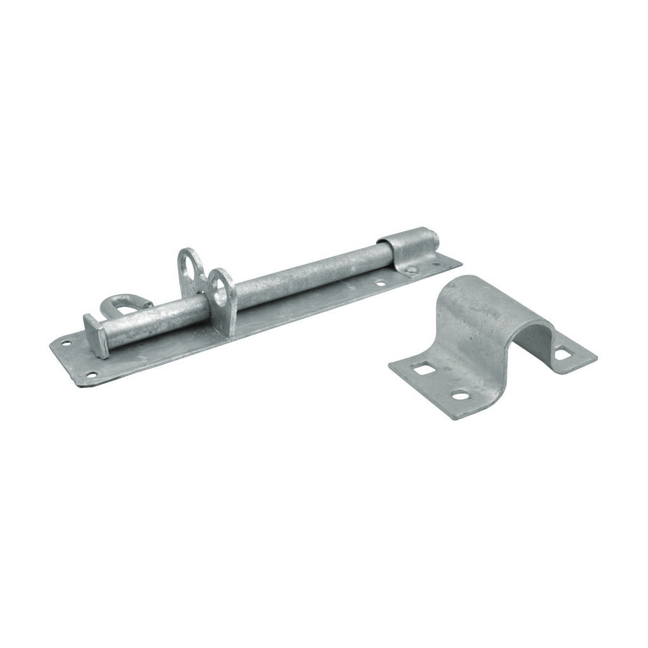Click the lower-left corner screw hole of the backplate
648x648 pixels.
(92, 375)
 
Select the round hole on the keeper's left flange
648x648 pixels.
(460, 396)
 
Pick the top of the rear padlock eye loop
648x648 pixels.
(188, 251)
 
